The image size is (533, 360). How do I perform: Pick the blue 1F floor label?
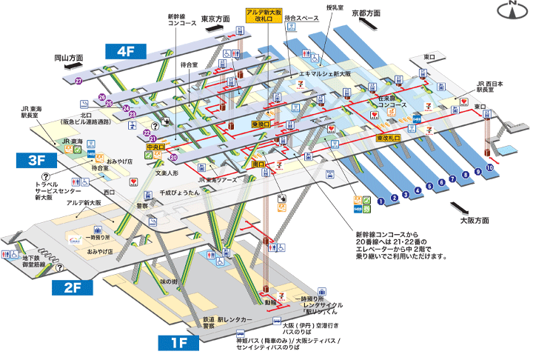point(178,342)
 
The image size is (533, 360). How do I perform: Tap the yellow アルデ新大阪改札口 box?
point(265,16)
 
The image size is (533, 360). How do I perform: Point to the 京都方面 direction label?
point(366,13)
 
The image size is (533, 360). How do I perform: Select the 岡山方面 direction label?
point(69,57)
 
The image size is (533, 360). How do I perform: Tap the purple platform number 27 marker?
point(78,81)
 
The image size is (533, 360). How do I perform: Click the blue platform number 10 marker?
point(489,168)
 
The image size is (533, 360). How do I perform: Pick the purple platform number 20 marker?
point(174,157)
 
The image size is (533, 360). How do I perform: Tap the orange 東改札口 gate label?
point(388,138)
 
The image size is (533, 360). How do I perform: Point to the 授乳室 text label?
point(335,8)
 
